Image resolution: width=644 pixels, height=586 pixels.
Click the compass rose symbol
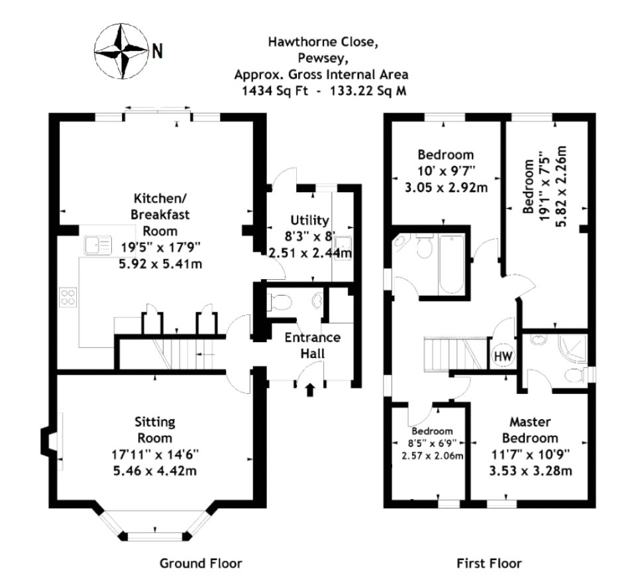point(121,51)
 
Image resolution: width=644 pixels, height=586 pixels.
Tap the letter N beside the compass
point(157,51)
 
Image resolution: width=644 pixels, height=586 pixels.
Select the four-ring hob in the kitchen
point(69,296)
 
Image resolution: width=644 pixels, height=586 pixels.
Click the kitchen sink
point(97,246)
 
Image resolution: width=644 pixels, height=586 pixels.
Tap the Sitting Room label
point(155,430)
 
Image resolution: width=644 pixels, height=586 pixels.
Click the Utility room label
point(309,220)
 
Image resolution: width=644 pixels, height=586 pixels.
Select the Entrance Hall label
point(312,345)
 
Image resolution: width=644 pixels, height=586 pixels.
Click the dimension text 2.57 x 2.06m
point(432,455)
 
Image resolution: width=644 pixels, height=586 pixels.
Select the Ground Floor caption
point(201,563)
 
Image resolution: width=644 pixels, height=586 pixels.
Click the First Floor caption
point(489,563)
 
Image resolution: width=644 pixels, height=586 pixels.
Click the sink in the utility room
point(343,247)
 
